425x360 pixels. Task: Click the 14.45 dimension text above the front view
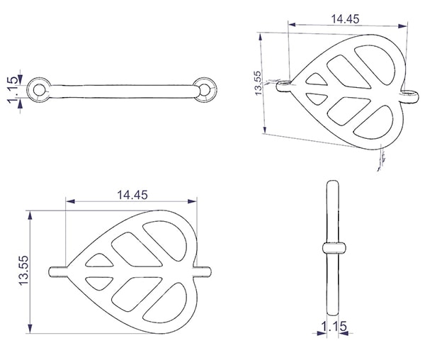132,195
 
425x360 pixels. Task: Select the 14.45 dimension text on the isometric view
346,19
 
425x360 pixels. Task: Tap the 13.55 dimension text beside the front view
23,270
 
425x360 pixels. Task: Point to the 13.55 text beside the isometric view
258,83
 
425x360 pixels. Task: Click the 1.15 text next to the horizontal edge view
13,90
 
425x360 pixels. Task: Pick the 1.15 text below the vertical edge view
334,326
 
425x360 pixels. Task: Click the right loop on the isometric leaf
416,97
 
